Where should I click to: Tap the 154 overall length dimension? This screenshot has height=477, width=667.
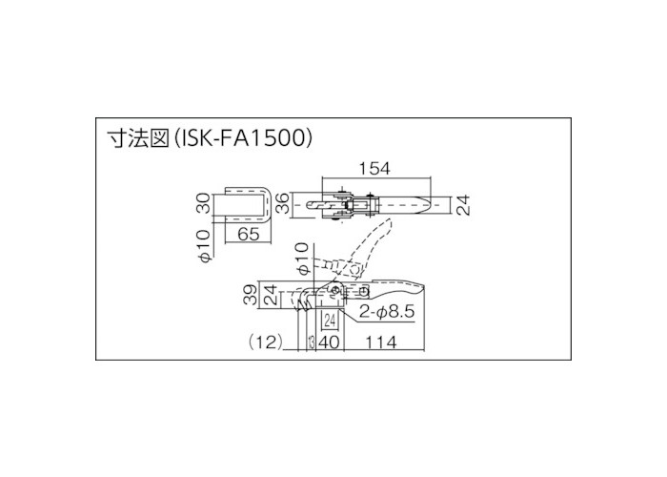pos(374,169)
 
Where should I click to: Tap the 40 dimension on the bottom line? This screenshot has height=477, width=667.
pos(330,342)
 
